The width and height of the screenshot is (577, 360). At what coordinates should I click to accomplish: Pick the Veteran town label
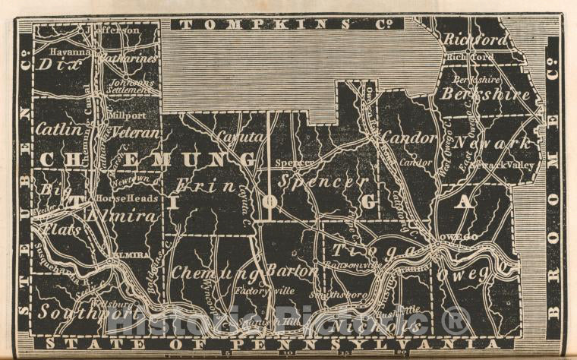coord(137,132)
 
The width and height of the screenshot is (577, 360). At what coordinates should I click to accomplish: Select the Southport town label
coord(74,311)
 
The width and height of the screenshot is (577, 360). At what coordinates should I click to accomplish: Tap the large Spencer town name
coord(323,182)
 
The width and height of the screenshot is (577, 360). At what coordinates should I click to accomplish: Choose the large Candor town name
coord(408,138)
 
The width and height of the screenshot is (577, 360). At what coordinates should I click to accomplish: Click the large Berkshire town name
coord(484,95)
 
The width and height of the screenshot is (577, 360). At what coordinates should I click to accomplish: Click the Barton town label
coord(292,271)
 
